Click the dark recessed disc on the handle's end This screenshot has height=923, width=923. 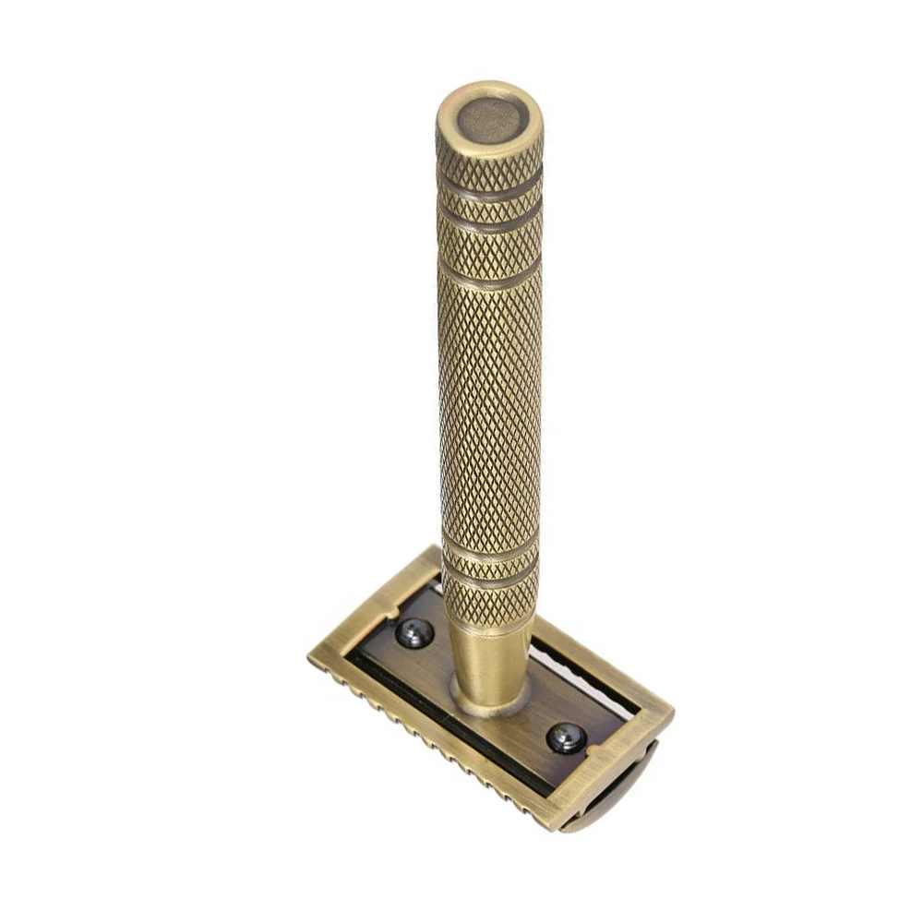[x=489, y=120]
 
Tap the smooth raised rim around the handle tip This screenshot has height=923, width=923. [x=489, y=90]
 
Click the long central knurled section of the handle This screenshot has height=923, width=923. [x=489, y=406]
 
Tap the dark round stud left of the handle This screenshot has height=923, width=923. [x=414, y=633]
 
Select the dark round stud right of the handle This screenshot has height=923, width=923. [x=565, y=737]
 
